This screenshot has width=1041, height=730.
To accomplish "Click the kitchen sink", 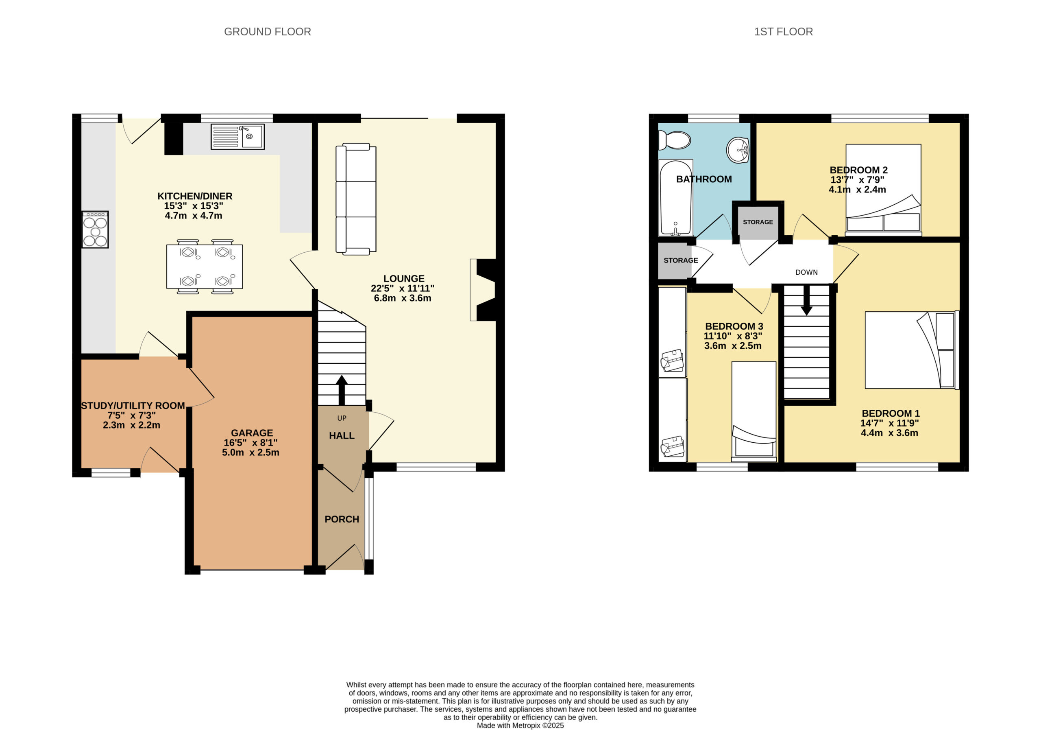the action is [x=237, y=137].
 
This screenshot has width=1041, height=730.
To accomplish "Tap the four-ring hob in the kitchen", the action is [x=95, y=229].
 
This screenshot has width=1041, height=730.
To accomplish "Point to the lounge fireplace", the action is [x=483, y=290].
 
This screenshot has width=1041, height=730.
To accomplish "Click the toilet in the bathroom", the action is [x=675, y=140].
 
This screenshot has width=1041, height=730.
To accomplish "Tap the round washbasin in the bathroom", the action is [x=738, y=150].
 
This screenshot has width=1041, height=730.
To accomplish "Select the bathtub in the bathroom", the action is [x=675, y=198].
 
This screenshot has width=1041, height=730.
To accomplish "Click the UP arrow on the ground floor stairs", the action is [x=342, y=390].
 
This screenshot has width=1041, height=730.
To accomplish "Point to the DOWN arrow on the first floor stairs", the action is [x=807, y=300].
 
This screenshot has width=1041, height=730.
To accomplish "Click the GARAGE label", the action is [x=252, y=433].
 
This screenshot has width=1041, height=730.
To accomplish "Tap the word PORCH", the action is [x=342, y=519].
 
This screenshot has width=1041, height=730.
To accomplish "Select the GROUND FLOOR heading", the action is [x=268, y=32].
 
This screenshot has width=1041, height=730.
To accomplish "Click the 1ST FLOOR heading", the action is [x=784, y=32].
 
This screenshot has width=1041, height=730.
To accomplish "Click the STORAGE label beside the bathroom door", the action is [x=758, y=222].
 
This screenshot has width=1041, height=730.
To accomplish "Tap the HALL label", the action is [x=342, y=435].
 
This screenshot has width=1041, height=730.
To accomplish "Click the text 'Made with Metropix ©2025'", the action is [x=520, y=726].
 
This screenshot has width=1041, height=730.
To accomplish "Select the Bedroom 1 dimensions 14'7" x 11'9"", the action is [x=890, y=423].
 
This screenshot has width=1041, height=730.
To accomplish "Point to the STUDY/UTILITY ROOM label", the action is [x=133, y=406].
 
